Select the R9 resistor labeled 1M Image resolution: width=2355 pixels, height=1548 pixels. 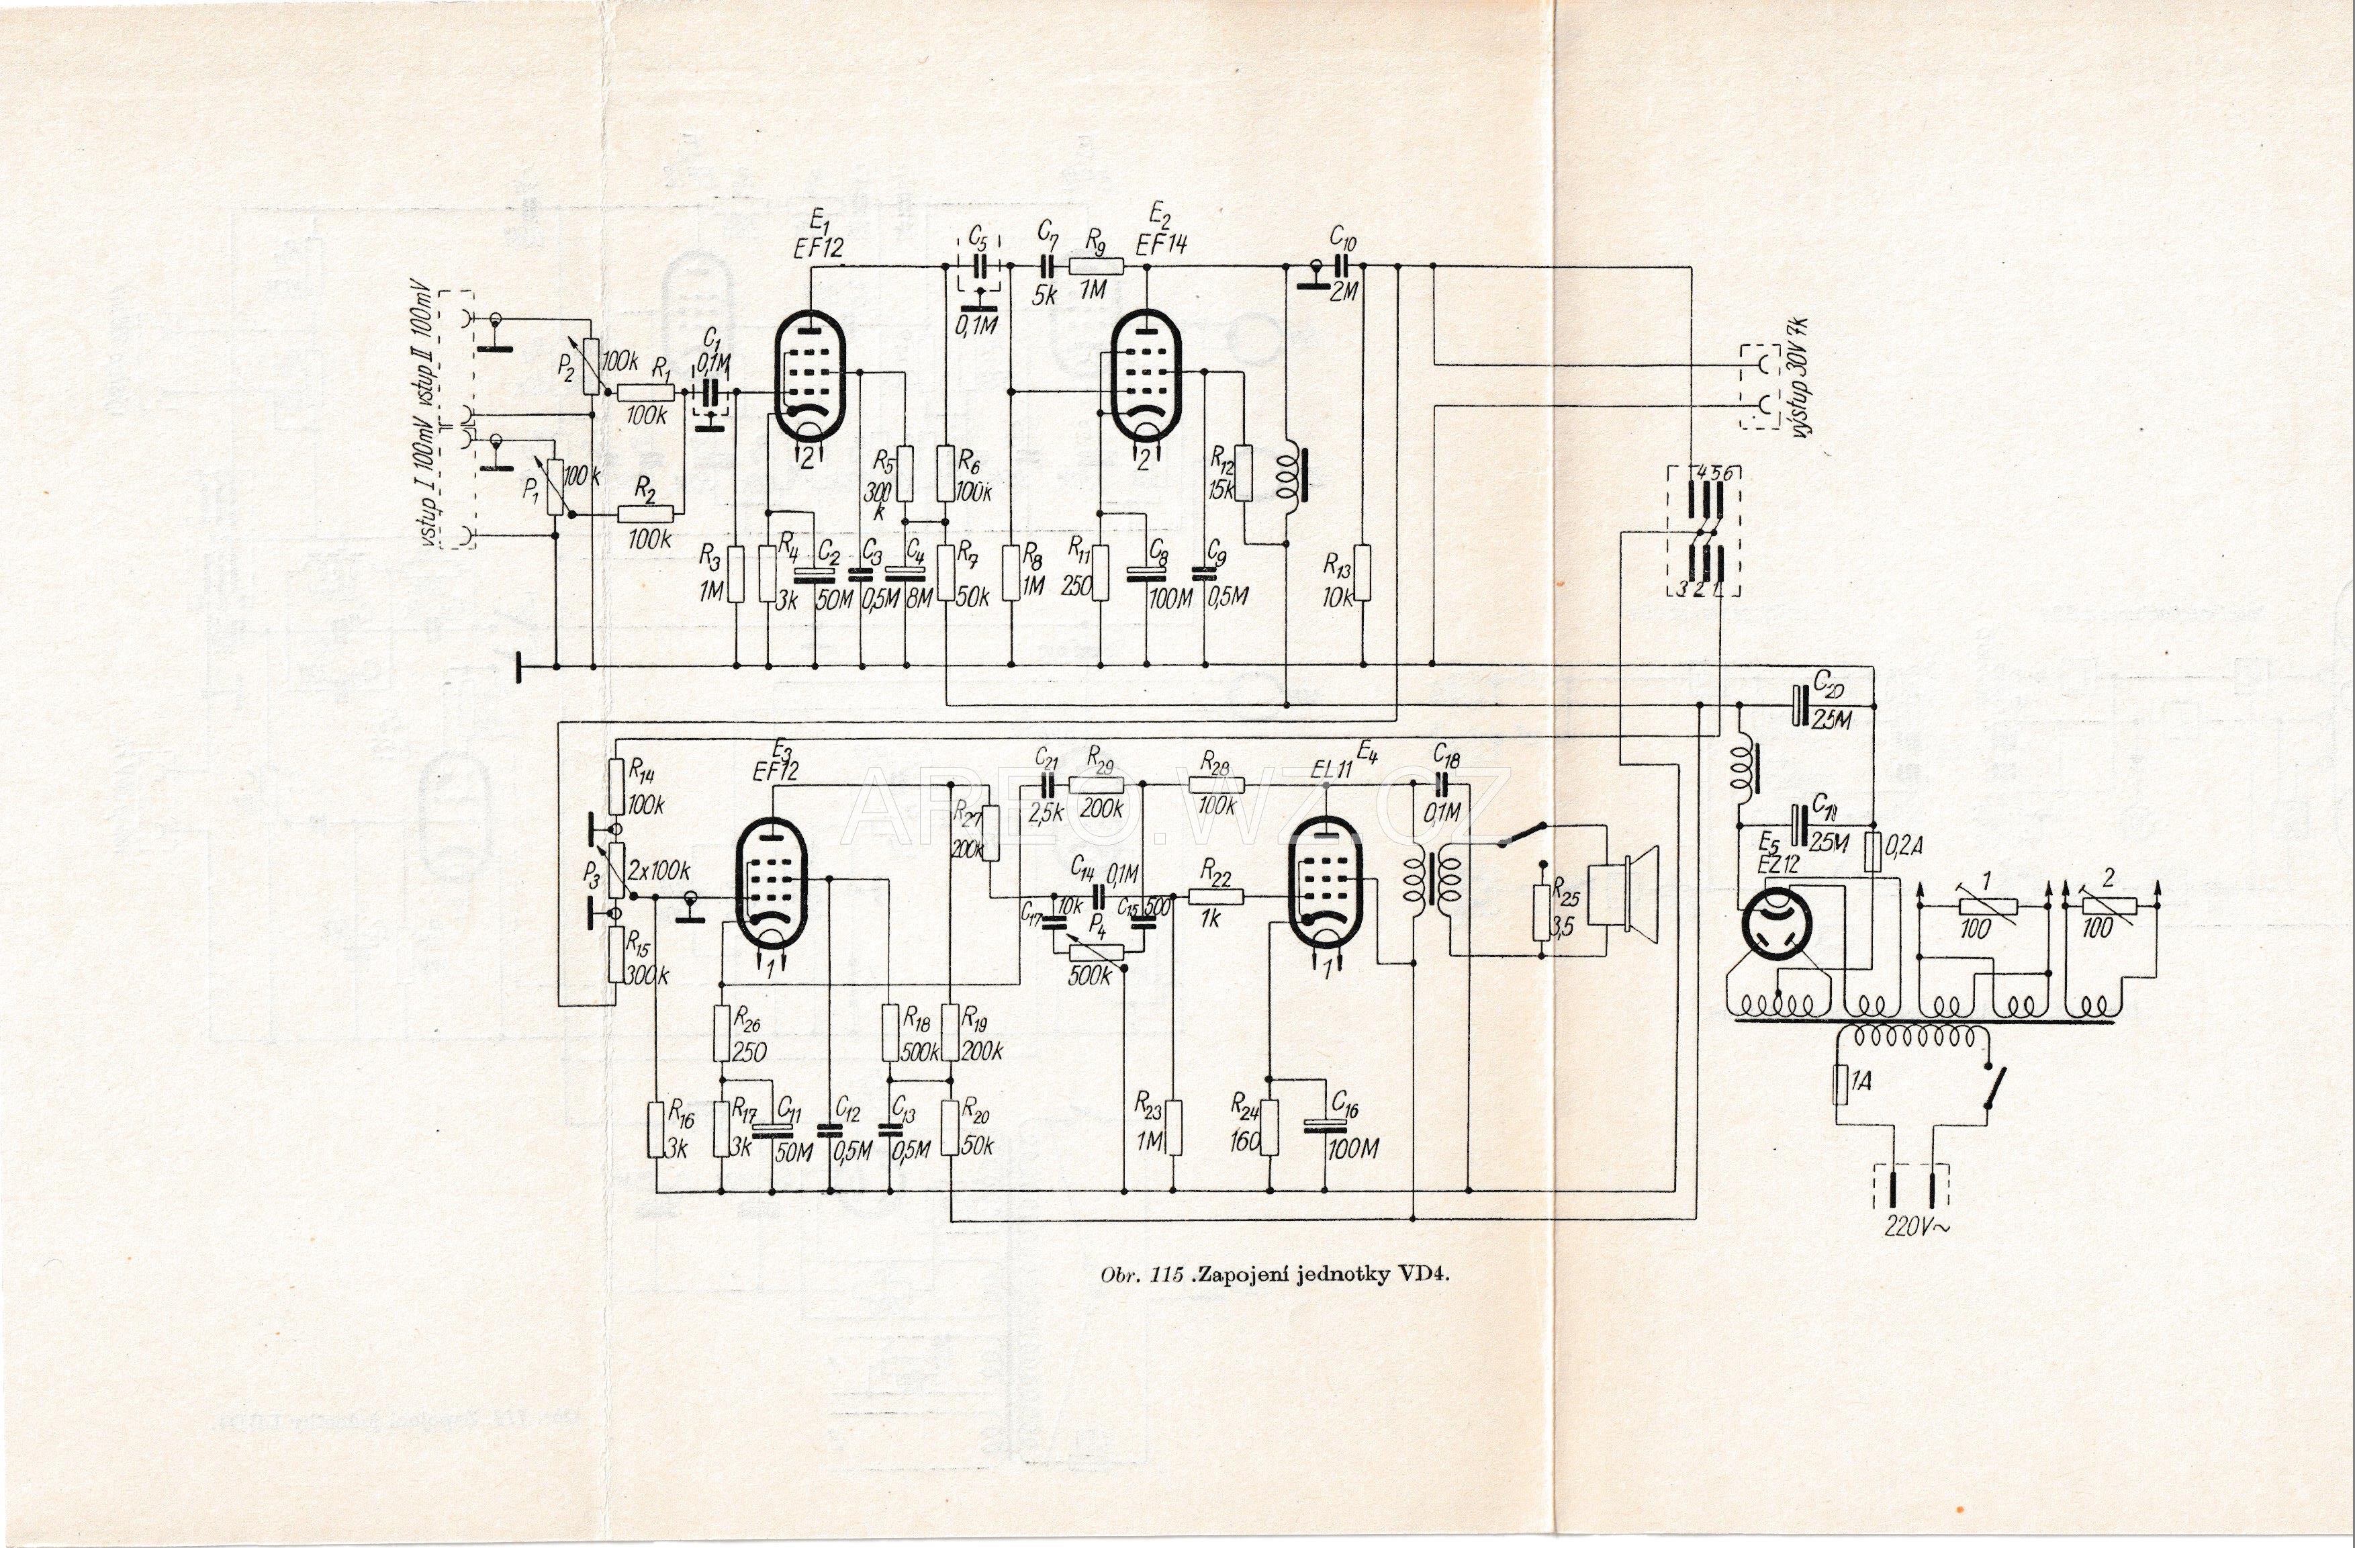pos(1097,265)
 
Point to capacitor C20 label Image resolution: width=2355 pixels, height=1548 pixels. pos(1829,683)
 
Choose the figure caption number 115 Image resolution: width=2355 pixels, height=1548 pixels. pos(1166,1274)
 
